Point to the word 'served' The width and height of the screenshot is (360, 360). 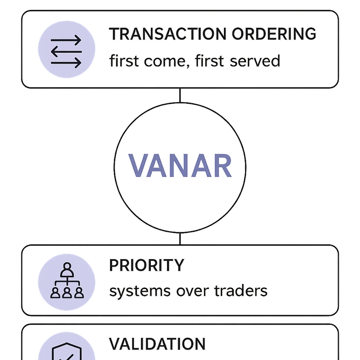[255, 61]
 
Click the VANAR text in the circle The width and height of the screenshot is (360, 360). [180, 166]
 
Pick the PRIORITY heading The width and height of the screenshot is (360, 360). [147, 265]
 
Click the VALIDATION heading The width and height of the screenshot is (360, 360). [157, 344]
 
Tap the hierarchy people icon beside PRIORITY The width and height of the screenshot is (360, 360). [67, 281]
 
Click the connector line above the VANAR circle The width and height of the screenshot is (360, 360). [180, 95]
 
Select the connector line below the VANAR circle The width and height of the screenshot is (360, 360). [180, 238]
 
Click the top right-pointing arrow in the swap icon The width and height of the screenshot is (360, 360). [66, 41]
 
